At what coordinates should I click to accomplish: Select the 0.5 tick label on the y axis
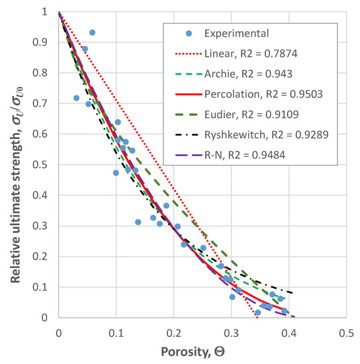pos(44,165)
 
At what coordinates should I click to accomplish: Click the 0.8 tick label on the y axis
pos(44,73)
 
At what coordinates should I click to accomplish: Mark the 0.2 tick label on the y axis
pos(44,256)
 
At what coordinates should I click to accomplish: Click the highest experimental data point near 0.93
pos(92,32)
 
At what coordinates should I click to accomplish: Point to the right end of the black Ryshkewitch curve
pos(292,293)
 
